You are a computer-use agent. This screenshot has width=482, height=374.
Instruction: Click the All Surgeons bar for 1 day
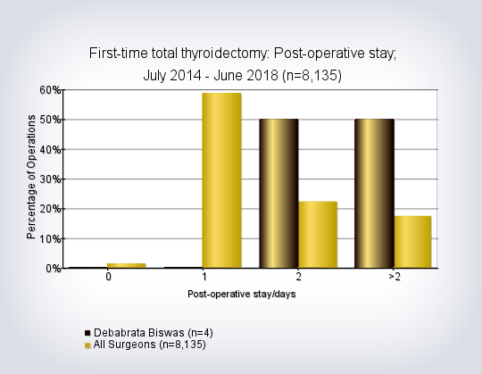tap(221, 180)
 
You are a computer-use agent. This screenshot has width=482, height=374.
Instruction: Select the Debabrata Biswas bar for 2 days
tap(278, 194)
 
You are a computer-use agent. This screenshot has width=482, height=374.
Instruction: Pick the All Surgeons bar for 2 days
tap(318, 235)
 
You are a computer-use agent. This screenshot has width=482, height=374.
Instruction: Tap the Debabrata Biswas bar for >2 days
tap(374, 194)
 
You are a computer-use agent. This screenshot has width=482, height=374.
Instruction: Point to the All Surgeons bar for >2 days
tap(413, 242)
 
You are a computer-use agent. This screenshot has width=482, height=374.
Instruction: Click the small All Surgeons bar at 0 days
tap(127, 265)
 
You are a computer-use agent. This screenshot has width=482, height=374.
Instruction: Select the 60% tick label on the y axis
tap(50, 90)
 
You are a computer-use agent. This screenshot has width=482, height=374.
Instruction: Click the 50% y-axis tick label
tap(50, 120)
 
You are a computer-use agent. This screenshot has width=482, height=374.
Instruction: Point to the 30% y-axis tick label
tap(50, 179)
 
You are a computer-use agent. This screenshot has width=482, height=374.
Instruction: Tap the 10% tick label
tap(50, 239)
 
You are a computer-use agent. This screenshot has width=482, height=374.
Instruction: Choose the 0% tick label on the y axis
tap(54, 269)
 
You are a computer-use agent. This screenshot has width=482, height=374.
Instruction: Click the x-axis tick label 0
tap(108, 277)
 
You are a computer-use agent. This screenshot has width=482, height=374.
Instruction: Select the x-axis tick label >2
tap(395, 277)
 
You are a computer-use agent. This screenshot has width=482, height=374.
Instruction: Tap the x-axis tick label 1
tap(204, 277)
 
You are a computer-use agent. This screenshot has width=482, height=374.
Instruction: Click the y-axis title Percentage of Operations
tap(31, 177)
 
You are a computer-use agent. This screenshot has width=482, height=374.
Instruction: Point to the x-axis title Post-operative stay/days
tap(242, 294)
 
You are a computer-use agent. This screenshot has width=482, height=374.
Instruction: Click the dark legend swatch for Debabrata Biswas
tap(87, 333)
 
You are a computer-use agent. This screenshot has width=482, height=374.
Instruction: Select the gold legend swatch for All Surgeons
tap(87, 345)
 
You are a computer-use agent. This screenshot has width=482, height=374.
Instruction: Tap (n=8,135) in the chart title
tap(312, 76)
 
